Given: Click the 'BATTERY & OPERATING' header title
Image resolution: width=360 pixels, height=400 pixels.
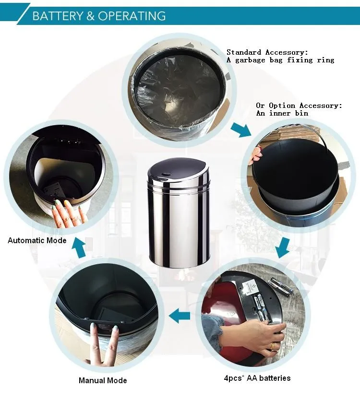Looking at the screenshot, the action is pyautogui.click(x=99, y=16).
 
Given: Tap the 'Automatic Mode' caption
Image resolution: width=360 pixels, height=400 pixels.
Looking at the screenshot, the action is pyautogui.click(x=37, y=240).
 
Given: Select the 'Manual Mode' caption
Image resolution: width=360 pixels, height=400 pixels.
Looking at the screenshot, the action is pyautogui.click(x=103, y=380).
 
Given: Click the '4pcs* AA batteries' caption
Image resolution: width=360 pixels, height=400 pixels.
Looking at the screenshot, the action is pyautogui.click(x=257, y=378).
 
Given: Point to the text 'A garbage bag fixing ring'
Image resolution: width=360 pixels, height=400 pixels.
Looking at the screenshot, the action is pyautogui.click(x=280, y=60).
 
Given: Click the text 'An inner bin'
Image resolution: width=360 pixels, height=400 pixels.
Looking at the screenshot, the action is pyautogui.click(x=282, y=113).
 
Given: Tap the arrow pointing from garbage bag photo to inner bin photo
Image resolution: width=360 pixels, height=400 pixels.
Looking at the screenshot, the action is pyautogui.click(x=241, y=129).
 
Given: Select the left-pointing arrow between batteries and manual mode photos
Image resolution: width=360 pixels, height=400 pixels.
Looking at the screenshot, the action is pyautogui.click(x=180, y=316).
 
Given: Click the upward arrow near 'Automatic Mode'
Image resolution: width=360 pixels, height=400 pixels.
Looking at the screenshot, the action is pyautogui.click(x=79, y=247).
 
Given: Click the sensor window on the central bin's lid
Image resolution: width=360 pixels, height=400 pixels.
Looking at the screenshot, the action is pyautogui.click(x=164, y=175).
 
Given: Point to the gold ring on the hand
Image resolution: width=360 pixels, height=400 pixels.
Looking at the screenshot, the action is pyautogui.click(x=273, y=346).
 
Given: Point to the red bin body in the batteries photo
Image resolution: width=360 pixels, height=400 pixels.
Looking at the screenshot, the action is pyautogui.click(x=222, y=301).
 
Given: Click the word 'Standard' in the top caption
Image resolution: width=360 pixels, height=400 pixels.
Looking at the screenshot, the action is pyautogui.click(x=244, y=52).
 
